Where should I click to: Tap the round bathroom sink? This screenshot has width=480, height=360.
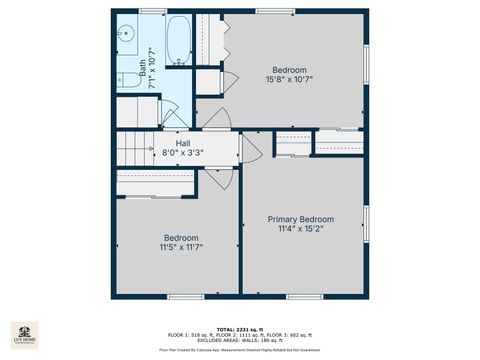click(x=126, y=33)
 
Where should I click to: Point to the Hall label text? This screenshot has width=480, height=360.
click(x=183, y=143)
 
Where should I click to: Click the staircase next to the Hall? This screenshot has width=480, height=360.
click(x=136, y=151)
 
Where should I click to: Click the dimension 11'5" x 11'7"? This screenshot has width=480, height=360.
click(x=181, y=247)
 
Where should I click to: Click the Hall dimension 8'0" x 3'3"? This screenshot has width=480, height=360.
click(x=183, y=153)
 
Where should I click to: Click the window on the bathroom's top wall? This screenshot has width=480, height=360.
click(x=152, y=11)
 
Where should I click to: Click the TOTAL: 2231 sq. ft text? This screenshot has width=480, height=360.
click(x=240, y=328)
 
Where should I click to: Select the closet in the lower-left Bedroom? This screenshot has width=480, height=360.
click(x=155, y=183)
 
